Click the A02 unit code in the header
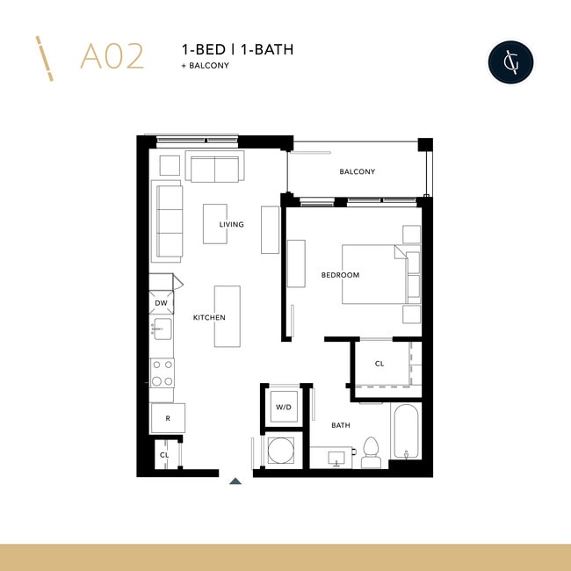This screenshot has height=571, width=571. [x=111, y=55]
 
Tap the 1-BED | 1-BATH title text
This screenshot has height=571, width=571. [x=236, y=49]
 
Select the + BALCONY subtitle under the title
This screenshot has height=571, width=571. [x=205, y=66]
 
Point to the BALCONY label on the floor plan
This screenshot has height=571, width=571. [x=357, y=171]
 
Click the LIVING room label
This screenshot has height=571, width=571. [x=232, y=225]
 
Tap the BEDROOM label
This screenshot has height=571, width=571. [x=340, y=275]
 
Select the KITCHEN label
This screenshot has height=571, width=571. [x=209, y=317]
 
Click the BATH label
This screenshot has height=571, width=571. [x=341, y=424]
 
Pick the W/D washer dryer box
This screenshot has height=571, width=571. [x=284, y=407]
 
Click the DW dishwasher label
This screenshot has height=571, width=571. [x=161, y=303]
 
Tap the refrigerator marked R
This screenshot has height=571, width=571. [x=167, y=418]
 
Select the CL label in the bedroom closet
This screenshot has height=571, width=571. [x=379, y=363]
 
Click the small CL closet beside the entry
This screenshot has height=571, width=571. [x=164, y=455]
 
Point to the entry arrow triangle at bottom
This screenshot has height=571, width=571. [x=235, y=481]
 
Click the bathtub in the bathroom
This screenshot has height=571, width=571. [x=407, y=430]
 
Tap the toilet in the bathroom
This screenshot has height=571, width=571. [x=370, y=452]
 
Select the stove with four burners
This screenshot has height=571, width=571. [x=162, y=373]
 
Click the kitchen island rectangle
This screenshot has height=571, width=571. [x=227, y=316]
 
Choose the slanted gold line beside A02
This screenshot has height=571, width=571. [x=45, y=59]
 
